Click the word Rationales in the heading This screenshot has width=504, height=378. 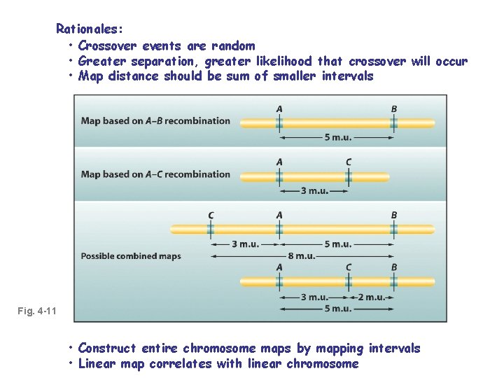[89, 29]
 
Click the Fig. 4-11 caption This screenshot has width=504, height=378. [38, 310]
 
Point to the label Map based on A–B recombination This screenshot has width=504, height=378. [155, 120]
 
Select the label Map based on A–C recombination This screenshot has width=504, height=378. [155, 174]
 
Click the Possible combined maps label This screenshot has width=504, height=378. [131, 256]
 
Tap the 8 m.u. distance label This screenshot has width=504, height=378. [301, 256]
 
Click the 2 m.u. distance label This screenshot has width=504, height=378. [370, 297]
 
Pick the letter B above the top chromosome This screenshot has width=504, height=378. [394, 108]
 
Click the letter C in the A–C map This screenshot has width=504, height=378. [349, 162]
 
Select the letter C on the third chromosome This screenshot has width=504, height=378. [211, 216]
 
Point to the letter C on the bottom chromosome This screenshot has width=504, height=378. [349, 267]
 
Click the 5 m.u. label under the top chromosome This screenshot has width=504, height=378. [337, 138]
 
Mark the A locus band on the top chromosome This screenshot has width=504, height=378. [279, 123]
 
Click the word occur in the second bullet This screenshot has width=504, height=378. [451, 61]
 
